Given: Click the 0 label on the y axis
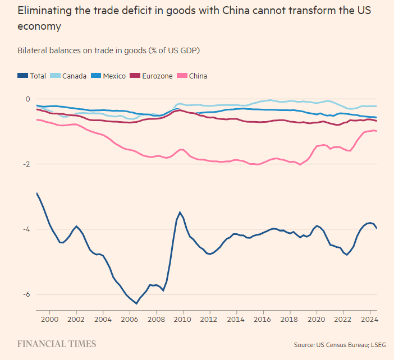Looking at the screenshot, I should click(28, 99).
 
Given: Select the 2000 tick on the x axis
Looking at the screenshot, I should click(50, 319).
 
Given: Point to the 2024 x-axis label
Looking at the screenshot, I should click(369, 319).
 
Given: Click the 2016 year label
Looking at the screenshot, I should click(263, 319).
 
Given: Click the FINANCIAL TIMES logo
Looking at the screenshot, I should click(56, 344).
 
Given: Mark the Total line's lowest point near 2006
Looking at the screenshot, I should click(136, 303).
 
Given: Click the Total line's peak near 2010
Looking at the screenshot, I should click(180, 212).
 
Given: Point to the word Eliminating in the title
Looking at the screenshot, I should click(42, 11).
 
